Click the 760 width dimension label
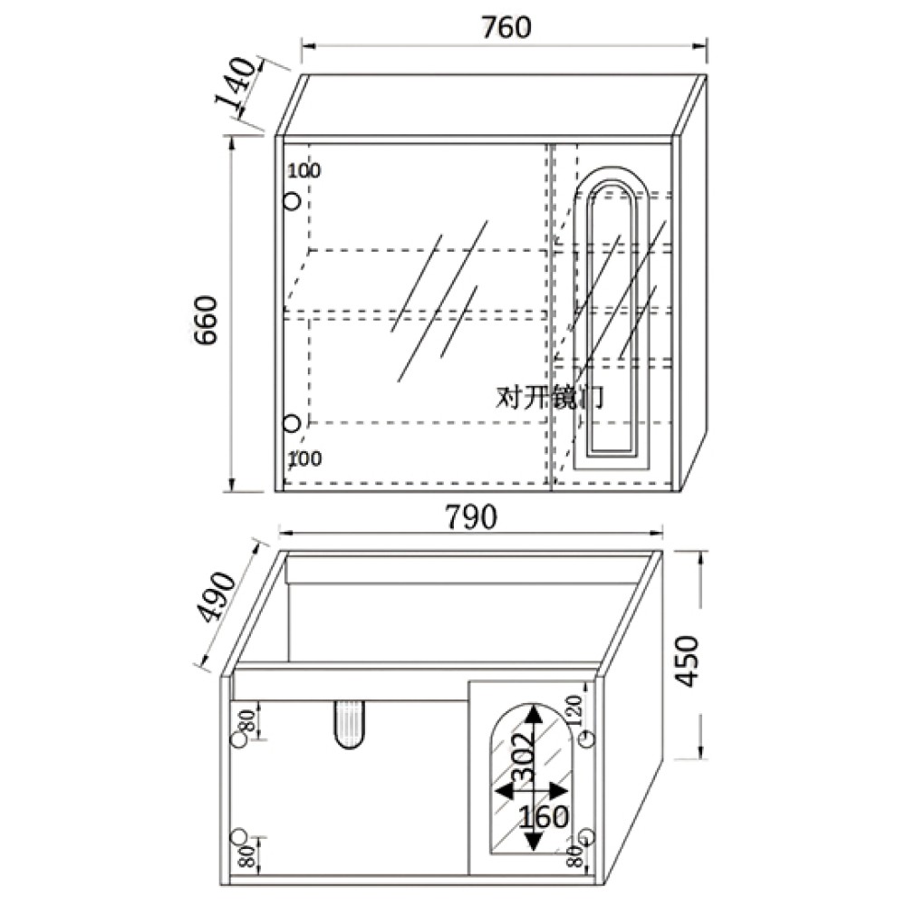[x=506, y=27]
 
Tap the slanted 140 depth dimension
[x=236, y=82]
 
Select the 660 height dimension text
[x=206, y=320]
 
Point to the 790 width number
[x=471, y=516]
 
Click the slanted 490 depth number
[x=217, y=596]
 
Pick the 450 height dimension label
[x=688, y=661]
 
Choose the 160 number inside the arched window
[x=543, y=817]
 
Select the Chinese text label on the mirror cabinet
[x=550, y=397]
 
